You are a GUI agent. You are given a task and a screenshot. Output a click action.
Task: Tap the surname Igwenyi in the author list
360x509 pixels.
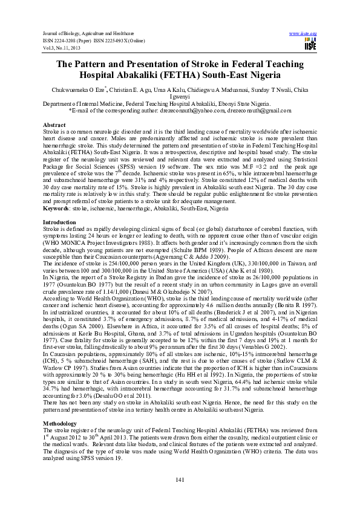tap(180, 97)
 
